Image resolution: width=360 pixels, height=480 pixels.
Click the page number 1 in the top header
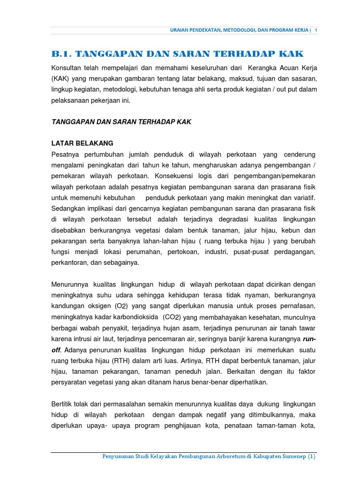(316, 30)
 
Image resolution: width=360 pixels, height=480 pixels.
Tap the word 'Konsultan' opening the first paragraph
(67, 67)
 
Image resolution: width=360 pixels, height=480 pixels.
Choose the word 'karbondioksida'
(136, 317)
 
